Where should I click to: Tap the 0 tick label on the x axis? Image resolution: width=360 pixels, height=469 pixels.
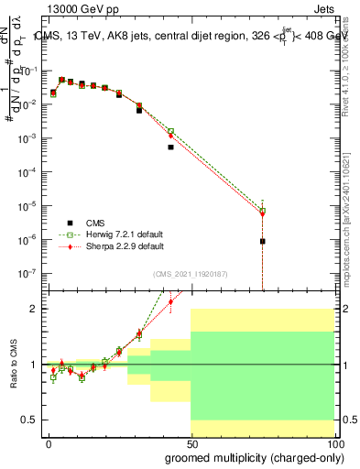click(49, 443)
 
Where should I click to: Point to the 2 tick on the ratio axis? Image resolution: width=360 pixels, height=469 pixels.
click(33, 309)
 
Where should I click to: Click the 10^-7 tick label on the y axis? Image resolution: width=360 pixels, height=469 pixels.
click(28, 273)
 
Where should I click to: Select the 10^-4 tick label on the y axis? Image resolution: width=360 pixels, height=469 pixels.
click(28, 172)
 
